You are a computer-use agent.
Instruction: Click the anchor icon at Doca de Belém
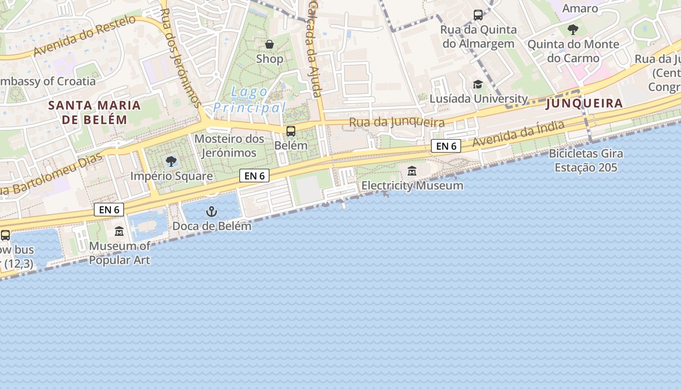point(211,212)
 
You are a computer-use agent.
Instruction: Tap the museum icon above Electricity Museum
point(412,171)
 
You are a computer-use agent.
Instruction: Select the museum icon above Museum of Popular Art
point(119,231)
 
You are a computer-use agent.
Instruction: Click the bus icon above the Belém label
point(291,131)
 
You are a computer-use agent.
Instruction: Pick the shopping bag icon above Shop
point(269,45)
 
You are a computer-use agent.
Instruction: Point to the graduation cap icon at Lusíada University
point(478,85)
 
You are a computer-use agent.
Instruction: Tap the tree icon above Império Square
point(171,161)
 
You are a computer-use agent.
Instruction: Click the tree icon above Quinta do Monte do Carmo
point(573,30)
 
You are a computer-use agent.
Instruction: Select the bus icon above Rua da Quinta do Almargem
point(478,15)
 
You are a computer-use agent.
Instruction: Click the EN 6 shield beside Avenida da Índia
point(446,146)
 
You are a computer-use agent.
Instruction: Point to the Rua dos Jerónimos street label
point(180,57)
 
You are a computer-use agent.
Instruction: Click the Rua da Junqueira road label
point(397,123)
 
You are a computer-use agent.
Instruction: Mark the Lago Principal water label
point(249,100)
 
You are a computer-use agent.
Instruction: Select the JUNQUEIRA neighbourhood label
point(584,103)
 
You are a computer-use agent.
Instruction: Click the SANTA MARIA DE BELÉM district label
point(94,112)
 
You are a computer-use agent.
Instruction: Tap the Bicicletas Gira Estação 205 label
point(586,160)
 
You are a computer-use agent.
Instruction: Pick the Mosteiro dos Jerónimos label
point(229,146)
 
